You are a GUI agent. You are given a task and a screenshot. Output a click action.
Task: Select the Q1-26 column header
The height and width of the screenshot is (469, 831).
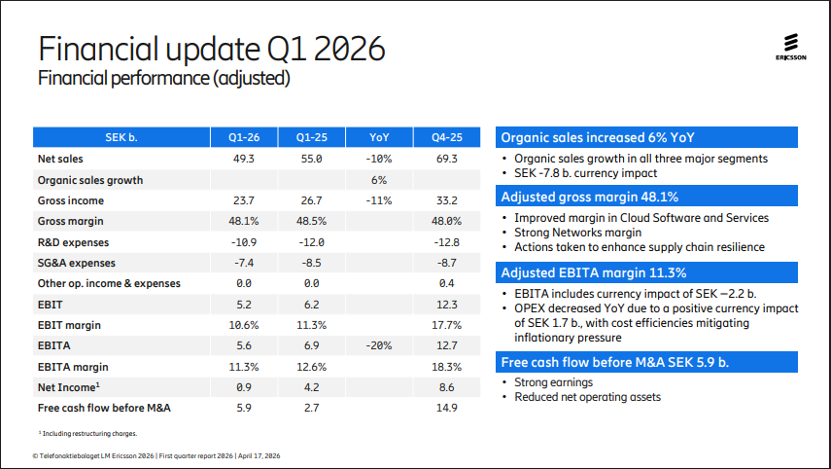[244, 137]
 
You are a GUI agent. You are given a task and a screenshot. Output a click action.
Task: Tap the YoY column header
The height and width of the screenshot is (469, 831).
[379, 137]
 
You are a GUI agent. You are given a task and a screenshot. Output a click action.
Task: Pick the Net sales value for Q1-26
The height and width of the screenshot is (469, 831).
[244, 158]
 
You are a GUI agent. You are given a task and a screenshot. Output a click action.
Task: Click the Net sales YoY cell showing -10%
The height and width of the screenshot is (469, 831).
[379, 158]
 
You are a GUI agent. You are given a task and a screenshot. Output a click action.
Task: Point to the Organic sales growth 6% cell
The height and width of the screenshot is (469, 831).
[379, 179]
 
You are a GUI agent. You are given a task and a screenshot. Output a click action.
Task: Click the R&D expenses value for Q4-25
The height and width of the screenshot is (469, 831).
[447, 242]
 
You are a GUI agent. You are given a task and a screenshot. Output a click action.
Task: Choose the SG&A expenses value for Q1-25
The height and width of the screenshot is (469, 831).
[312, 263]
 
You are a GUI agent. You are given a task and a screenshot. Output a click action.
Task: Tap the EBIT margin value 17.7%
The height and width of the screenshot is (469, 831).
[447, 325]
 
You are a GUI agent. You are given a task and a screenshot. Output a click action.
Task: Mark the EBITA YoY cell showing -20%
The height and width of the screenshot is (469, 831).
[379, 346]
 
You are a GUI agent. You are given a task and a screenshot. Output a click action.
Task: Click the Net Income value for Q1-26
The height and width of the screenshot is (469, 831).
[244, 387]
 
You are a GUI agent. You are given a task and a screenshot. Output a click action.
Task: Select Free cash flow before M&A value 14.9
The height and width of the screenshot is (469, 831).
[447, 409]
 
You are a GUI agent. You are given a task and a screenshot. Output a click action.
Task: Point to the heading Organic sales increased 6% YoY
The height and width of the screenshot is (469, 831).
[598, 137]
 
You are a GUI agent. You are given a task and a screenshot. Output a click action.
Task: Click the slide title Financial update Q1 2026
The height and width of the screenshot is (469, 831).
[211, 49]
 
